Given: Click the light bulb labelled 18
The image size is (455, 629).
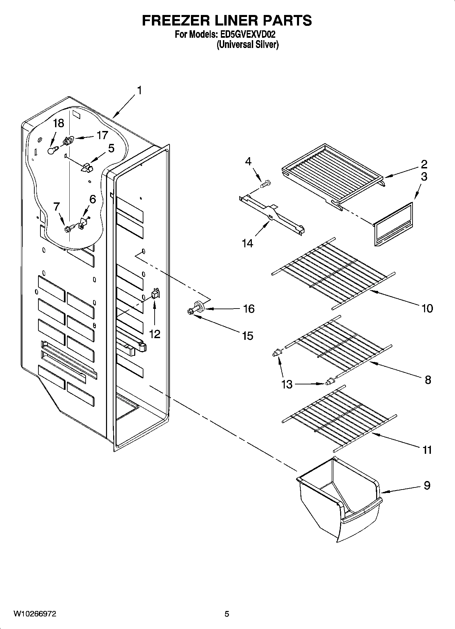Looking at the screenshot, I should tap(51, 150).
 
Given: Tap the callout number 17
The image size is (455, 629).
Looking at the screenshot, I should tap(102, 135).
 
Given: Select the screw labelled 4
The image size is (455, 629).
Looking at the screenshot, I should tap(264, 184).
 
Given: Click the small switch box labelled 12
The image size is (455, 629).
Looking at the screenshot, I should tap(155, 293).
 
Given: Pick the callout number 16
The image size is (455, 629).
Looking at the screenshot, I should tap(249, 309).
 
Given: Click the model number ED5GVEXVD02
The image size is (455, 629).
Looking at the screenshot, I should tap(247, 34).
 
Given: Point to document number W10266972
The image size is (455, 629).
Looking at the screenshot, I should tap(35, 614).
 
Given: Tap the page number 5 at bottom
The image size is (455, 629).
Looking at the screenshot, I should tap(227, 614).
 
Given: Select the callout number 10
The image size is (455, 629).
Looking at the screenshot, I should tap(427, 309).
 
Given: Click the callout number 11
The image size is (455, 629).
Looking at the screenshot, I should tap(427, 450).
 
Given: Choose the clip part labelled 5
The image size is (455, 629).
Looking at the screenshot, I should tap(87, 167).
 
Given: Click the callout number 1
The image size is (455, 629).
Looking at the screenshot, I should tap(139, 90).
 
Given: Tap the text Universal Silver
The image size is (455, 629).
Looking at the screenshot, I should tap(248, 45).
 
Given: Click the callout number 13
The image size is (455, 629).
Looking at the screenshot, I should tap(287, 384).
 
